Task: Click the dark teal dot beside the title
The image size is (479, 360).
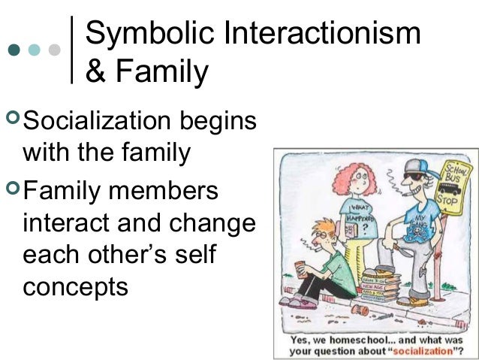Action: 14,50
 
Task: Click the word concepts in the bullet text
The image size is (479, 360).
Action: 75,286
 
